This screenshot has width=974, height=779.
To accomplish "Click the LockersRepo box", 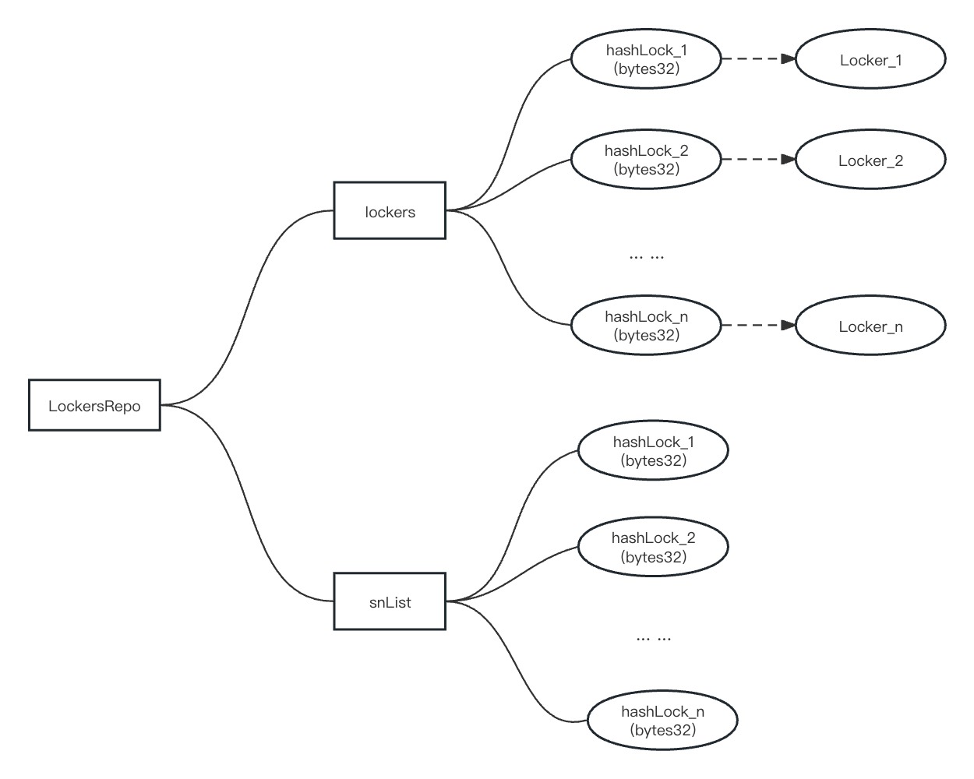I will click(94, 405).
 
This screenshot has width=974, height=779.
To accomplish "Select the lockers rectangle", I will click(390, 210).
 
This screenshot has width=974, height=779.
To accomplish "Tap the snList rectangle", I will click(390, 601).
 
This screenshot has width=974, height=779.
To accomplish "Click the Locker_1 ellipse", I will click(870, 59).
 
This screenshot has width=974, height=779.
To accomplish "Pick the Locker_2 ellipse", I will click(870, 160).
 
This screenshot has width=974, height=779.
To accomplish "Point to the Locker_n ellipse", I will click(870, 326).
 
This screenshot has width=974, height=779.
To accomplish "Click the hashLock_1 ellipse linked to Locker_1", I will click(646, 59).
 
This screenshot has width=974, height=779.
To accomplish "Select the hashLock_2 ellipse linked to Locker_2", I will click(646, 159).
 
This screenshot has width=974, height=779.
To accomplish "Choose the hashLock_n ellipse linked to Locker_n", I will click(646, 326).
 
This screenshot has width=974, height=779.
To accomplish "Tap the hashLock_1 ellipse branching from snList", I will click(653, 451).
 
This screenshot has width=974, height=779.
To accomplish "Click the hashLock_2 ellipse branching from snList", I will click(653, 547).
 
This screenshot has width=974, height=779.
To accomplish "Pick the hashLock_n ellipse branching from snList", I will click(662, 721).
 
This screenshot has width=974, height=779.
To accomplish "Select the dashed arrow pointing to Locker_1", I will click(757, 58).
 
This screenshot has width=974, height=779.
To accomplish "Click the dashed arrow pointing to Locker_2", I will click(757, 159).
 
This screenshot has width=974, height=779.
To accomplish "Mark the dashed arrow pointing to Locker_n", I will click(757, 325).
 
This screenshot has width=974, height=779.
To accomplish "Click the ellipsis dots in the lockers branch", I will click(647, 256).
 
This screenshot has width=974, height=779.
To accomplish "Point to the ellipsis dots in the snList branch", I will click(654, 637).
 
